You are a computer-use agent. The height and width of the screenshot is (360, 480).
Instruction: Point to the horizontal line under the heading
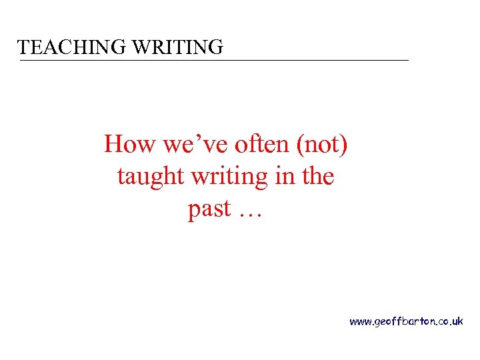pyautogui.click(x=213, y=61)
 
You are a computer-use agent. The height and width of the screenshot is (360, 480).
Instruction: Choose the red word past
pyautogui.click(x=209, y=209)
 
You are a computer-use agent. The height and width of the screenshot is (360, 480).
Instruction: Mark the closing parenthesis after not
pyautogui.click(x=343, y=145)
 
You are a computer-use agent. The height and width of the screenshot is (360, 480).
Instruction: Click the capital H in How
pyautogui.click(x=113, y=144)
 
